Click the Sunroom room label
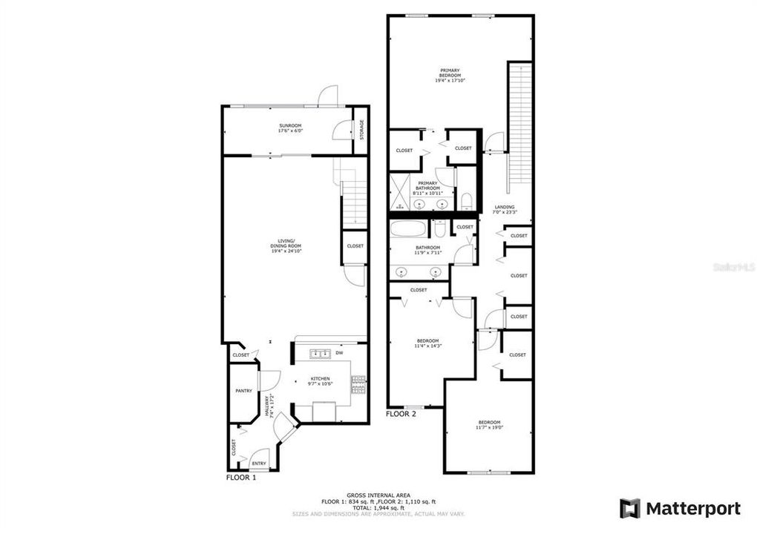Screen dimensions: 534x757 point(290,128)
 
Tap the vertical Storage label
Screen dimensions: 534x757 point(361,130)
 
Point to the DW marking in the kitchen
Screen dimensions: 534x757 point(339,353)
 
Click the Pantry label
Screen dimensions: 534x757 point(243,391)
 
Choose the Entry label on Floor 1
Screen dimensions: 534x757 point(258,464)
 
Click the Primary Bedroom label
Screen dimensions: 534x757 point(450,74)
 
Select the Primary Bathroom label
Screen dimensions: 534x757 point(428,186)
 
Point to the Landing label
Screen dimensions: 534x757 point(504,210)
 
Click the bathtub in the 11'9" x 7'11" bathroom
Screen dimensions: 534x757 point(408,228)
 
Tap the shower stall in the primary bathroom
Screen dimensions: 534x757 point(402,192)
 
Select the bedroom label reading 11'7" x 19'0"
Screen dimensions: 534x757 point(488,425)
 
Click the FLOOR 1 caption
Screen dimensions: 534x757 point(241,479)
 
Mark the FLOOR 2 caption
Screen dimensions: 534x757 point(401,414)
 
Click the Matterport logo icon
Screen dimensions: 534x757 point(630,509)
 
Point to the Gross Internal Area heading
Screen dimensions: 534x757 point(378,495)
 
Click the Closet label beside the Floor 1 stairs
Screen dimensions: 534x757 point(355,246)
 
